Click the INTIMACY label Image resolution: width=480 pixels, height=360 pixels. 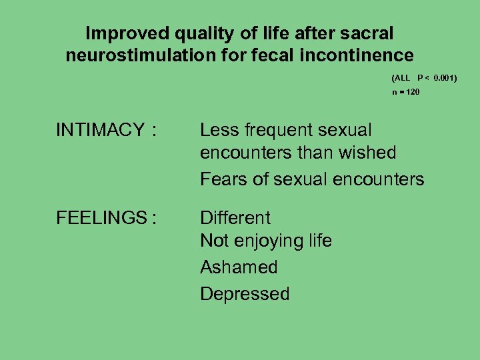click(100, 130)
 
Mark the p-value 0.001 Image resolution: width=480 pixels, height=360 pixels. click(444, 78)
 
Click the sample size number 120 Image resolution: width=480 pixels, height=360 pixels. click(411, 91)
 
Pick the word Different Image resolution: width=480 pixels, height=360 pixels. click(235, 218)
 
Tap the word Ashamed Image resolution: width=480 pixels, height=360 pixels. click(239, 267)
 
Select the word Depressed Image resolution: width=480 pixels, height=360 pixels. click(245, 294)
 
